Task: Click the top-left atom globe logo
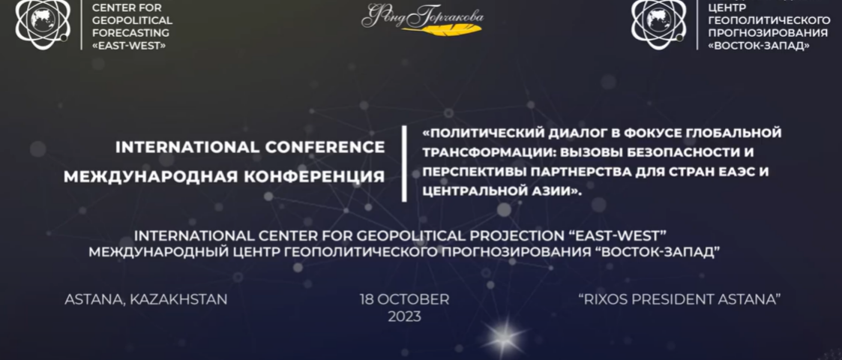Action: click(x=43, y=23)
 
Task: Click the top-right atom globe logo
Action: click(x=658, y=23)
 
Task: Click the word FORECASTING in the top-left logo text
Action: click(x=131, y=33)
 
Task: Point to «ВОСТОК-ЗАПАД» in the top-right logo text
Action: click(x=759, y=46)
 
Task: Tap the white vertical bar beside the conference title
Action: click(x=404, y=163)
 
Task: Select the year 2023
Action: click(x=404, y=317)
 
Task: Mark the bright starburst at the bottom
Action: click(x=503, y=336)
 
